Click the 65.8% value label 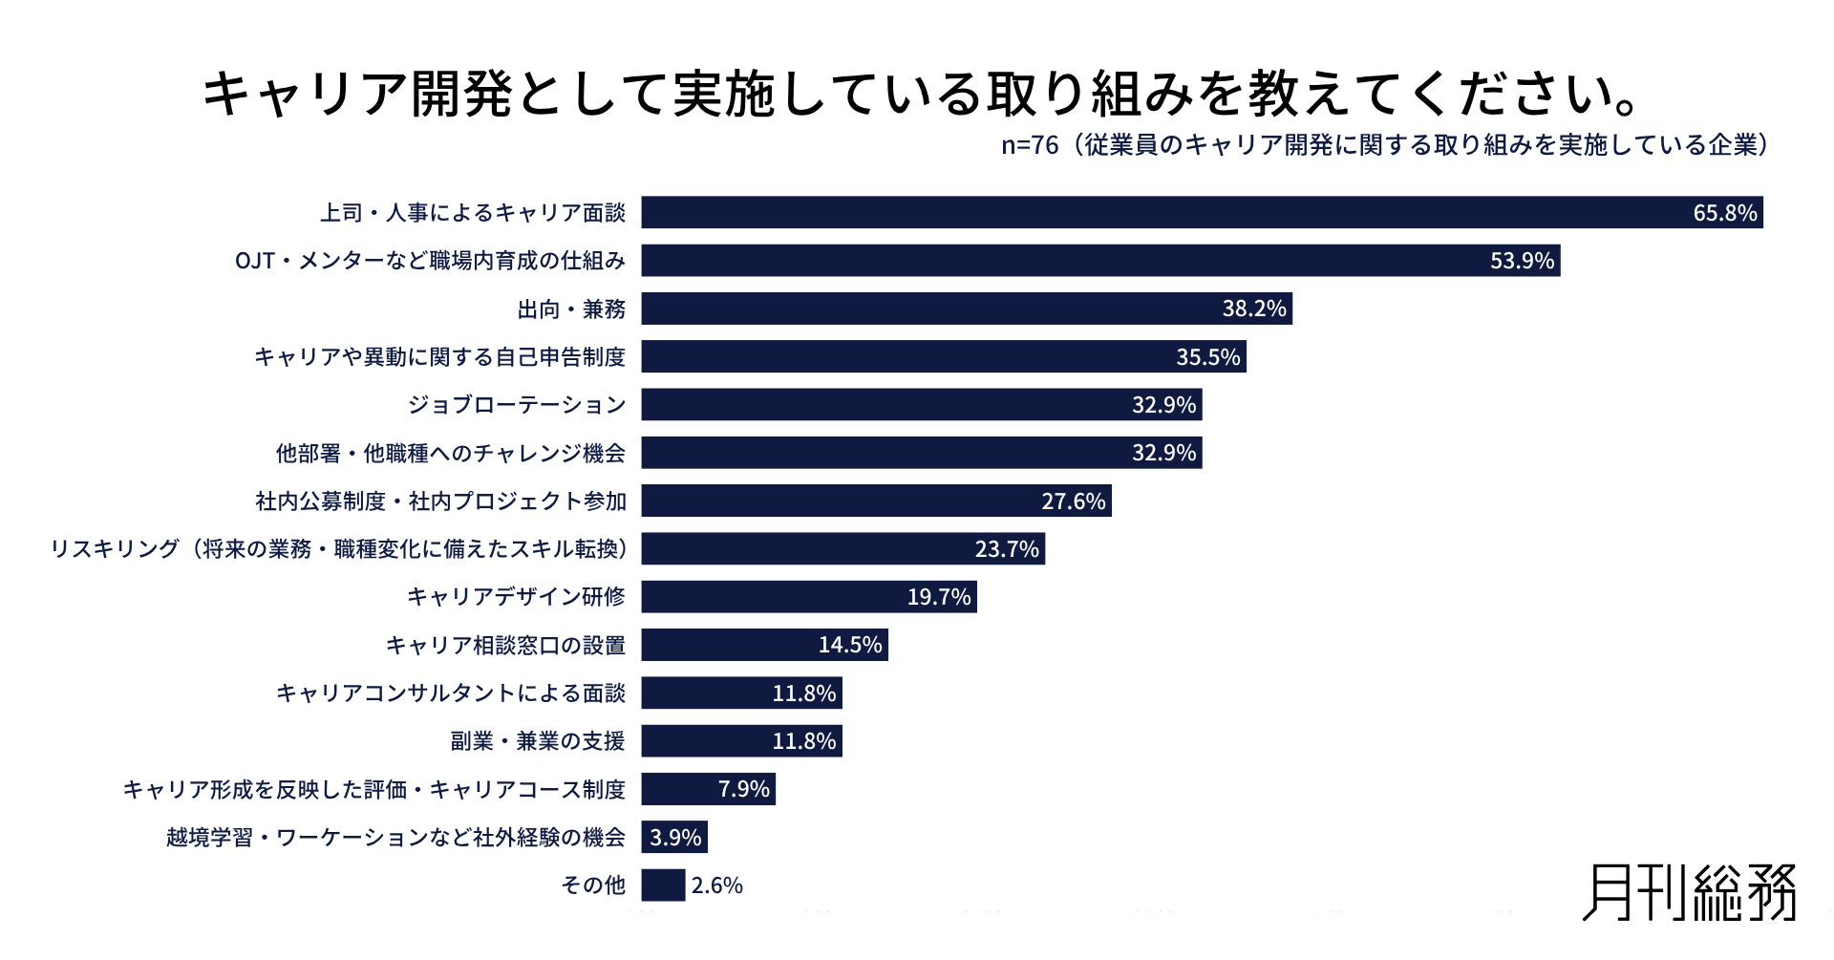tap(1724, 213)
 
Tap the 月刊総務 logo tap(1689, 892)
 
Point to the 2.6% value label tap(716, 885)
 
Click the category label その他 tap(593, 885)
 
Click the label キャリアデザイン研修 tap(516, 597)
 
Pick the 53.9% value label tap(1522, 261)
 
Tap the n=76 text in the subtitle tap(1030, 145)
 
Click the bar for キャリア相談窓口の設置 tap(764, 645)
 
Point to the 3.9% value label tap(675, 838)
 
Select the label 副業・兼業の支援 tap(537, 741)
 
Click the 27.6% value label tap(1073, 501)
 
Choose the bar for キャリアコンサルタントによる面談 tap(741, 693)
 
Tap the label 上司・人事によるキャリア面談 tap(472, 213)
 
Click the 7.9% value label tap(743, 789)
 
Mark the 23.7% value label tap(1006, 549)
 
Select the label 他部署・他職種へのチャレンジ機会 tap(450, 453)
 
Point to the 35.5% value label tap(1207, 357)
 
